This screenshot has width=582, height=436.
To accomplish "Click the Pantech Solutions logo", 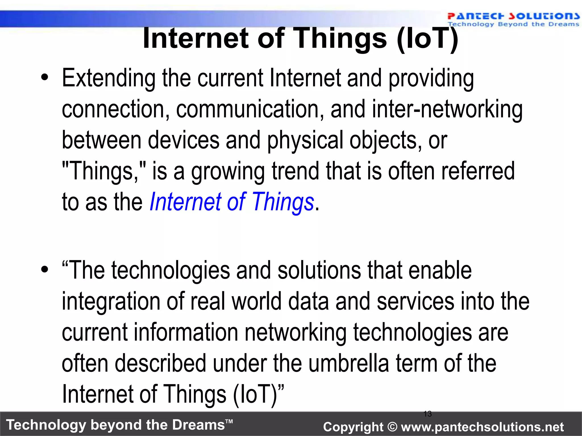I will click(x=513, y=19).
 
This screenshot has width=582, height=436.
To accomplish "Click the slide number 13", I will click(x=427, y=414).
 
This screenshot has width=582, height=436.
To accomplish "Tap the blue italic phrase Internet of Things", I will click(x=232, y=202).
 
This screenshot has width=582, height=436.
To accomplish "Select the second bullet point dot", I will click(x=44, y=269).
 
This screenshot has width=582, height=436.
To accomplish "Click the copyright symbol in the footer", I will click(x=392, y=427).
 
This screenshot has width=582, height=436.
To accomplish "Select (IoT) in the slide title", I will click(x=427, y=38).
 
